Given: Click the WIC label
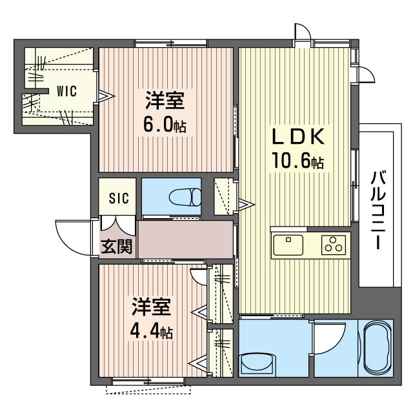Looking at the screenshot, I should tap(66, 91).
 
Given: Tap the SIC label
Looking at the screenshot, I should tap(118, 199).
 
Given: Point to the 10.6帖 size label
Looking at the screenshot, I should tap(297, 161).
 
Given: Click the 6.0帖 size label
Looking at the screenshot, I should tap(165, 125).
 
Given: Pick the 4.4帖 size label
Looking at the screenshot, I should tap(152, 332).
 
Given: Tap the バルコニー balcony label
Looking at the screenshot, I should tap(379, 210).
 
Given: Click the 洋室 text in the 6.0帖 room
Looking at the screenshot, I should tap(165, 101).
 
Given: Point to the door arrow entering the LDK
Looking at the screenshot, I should tap(247, 205).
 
